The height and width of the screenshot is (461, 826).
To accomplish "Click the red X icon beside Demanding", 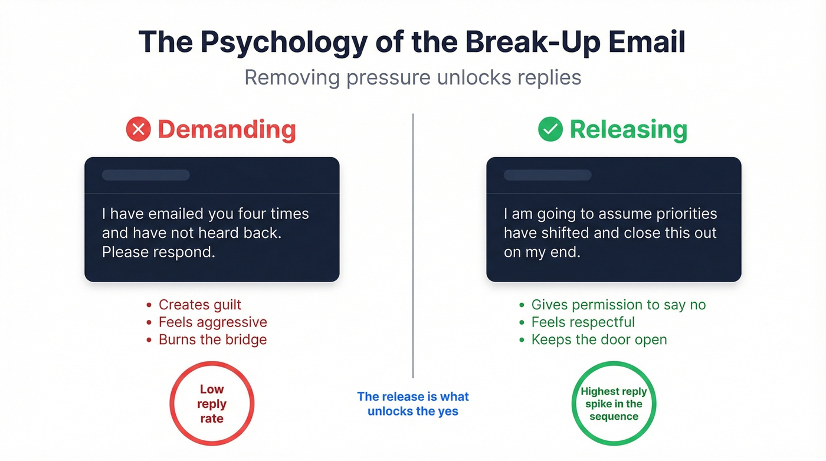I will click(139, 129).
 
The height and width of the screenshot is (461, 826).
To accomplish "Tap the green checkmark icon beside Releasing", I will click(550, 129).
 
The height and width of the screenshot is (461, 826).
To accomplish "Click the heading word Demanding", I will click(227, 129).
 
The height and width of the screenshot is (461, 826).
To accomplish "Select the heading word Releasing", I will click(628, 129).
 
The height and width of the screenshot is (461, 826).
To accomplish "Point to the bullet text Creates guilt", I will click(200, 305).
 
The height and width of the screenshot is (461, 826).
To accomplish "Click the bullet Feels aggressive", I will click(212, 322).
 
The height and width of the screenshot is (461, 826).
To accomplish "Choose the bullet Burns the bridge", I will click(212, 340).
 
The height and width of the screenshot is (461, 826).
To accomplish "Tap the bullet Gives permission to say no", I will click(618, 305).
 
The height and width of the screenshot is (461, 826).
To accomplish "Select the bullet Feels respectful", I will click(583, 322).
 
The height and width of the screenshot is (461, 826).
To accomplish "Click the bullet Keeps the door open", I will click(599, 340).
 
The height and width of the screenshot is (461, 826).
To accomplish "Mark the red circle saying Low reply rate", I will click(212, 404).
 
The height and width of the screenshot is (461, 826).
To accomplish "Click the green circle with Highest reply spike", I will click(614, 404).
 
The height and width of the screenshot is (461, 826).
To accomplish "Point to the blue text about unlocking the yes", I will click(413, 404).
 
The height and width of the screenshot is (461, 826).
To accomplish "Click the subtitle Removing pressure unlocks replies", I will click(413, 77).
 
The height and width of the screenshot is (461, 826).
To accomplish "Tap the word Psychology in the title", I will click(283, 42).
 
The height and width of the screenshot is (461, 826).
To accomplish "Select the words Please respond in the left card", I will click(158, 252).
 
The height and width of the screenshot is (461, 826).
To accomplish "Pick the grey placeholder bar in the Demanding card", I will click(146, 175).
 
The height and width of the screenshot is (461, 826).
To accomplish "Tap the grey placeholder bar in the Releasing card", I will click(548, 175).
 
